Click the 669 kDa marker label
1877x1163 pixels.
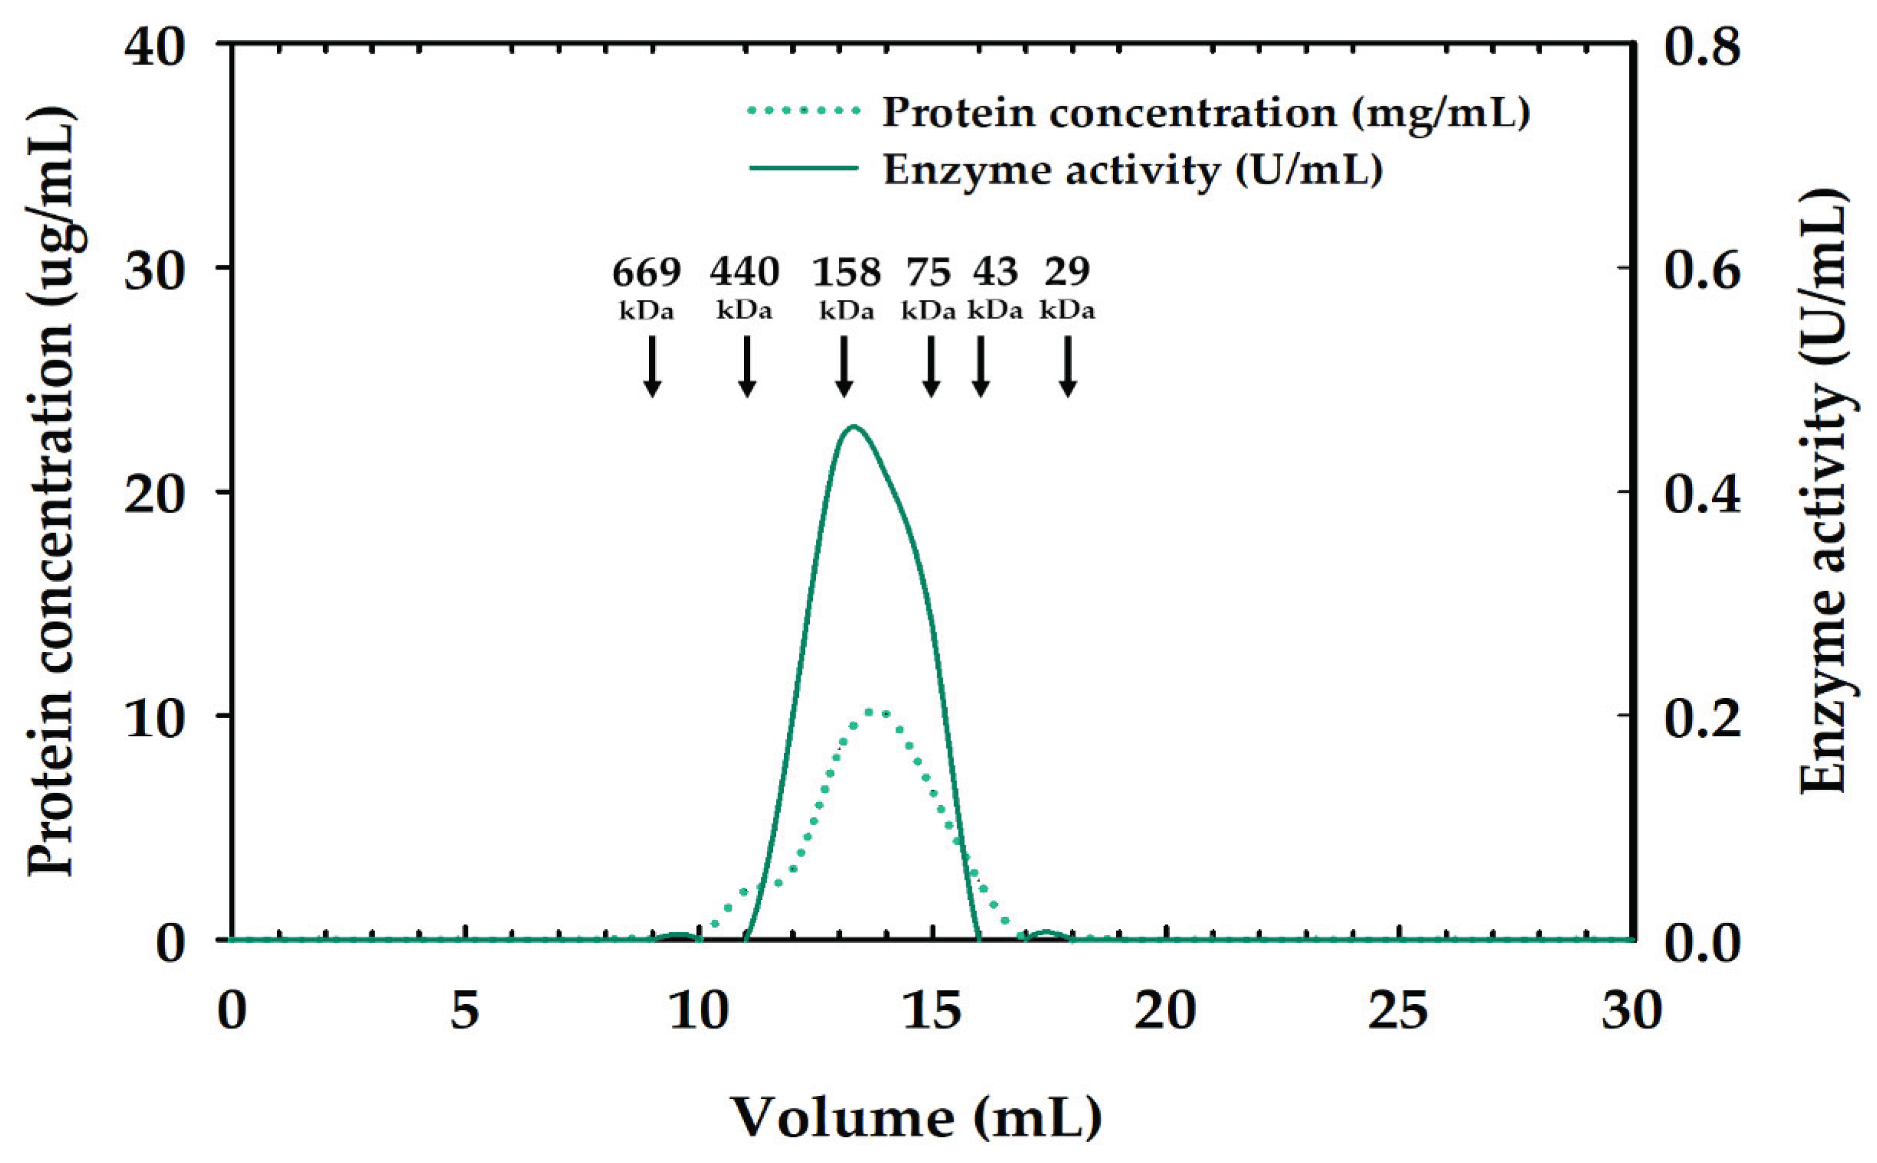coord(646,285)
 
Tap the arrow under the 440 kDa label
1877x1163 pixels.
coord(746,367)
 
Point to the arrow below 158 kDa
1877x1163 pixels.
coord(844,367)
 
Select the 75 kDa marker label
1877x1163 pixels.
coord(929,285)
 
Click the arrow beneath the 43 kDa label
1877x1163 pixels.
coord(980,367)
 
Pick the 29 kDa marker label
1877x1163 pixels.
coord(1067,285)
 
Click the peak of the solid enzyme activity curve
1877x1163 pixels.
coord(853,427)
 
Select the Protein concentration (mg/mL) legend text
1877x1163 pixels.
coord(1206,113)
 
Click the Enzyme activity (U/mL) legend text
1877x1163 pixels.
coord(1132,170)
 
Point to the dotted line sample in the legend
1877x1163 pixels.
coord(804,111)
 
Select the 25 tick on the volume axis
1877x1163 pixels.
coord(1397,1010)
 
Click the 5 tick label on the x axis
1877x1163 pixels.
coord(465,1010)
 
